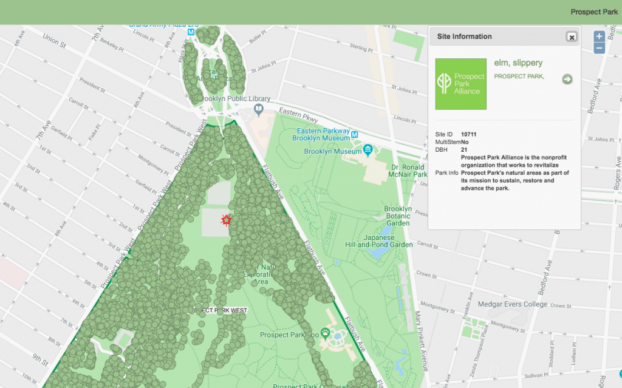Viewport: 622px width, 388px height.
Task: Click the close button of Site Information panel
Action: pos(571,37)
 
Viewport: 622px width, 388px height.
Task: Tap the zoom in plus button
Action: pos(599,36)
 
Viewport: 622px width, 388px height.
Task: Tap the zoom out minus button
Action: pos(599,48)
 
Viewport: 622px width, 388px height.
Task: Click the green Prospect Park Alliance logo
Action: pos(461,84)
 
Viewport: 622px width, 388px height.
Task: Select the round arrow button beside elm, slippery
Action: pos(567,79)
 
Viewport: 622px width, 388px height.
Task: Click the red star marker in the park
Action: pos(227,220)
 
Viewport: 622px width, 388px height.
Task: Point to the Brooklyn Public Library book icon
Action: pos(259,110)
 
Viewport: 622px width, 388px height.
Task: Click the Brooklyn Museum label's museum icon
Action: pos(367,150)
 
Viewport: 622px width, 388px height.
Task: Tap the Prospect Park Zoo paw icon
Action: pos(327,333)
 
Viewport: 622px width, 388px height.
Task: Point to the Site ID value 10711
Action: pos(468,134)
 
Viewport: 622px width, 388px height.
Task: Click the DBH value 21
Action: pos(464,149)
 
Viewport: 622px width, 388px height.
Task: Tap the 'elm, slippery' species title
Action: pos(518,63)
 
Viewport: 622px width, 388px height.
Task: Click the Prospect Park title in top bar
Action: pos(593,12)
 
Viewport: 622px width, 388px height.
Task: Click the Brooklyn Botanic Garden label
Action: pos(398,216)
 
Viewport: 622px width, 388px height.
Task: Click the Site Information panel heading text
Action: pos(464,36)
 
